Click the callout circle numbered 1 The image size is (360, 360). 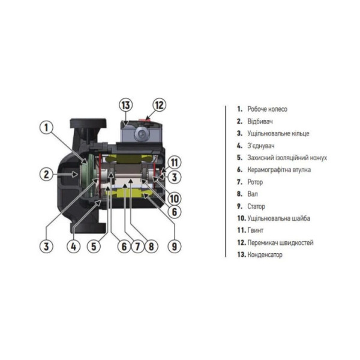(48, 127)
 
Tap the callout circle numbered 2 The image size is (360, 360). (48, 175)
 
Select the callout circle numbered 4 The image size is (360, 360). (74, 245)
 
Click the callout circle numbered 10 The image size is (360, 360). (173, 199)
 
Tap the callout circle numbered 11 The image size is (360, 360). (173, 161)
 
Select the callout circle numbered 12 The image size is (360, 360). (158, 104)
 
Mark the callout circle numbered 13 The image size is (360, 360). (125, 104)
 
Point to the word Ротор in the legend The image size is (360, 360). (256, 182)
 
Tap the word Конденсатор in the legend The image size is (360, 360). (265, 255)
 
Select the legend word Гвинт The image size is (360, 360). (256, 230)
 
